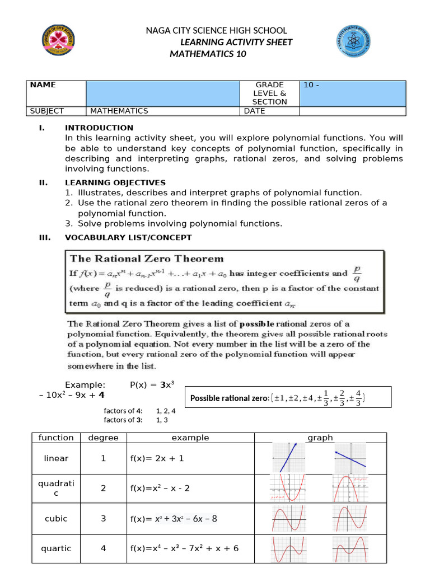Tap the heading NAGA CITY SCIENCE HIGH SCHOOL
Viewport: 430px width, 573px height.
216,30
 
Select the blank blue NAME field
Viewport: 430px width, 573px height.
162,93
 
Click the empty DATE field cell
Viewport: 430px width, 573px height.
352,111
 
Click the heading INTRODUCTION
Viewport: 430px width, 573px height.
99,128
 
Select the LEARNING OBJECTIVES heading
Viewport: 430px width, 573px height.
115,182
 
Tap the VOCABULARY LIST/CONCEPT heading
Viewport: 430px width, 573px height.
128,237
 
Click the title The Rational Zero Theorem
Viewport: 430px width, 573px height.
146,259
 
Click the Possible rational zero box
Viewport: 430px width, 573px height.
278,398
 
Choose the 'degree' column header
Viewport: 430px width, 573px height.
103,438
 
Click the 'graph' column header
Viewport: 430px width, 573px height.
320,438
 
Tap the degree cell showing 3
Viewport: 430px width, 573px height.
103,519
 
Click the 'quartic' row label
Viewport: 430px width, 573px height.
56,548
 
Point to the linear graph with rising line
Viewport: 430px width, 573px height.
288,458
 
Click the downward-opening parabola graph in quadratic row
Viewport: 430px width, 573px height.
349,488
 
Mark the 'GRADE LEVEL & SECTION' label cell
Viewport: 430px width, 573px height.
269,93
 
